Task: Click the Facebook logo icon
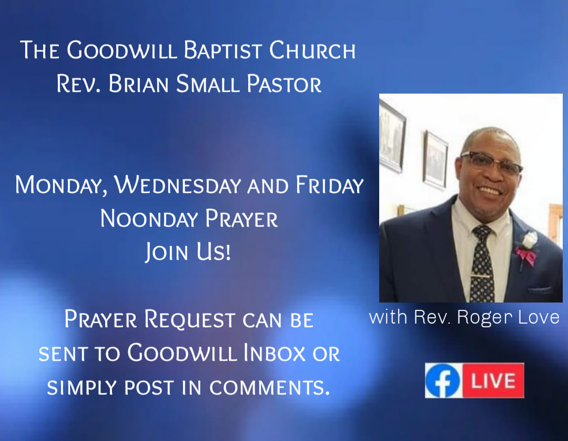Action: coord(442,381)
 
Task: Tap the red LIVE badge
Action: coord(493,380)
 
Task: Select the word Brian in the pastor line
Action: coord(138,84)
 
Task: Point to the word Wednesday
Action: coord(178,185)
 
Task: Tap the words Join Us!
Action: coord(188,252)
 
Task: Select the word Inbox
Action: coord(274,353)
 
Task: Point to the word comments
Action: coord(269,387)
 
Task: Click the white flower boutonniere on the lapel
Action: coord(529,240)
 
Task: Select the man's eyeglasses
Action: coord(491,162)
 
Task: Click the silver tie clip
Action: coord(482,277)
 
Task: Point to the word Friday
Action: coord(329,185)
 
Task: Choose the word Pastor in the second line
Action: coord(284,84)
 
